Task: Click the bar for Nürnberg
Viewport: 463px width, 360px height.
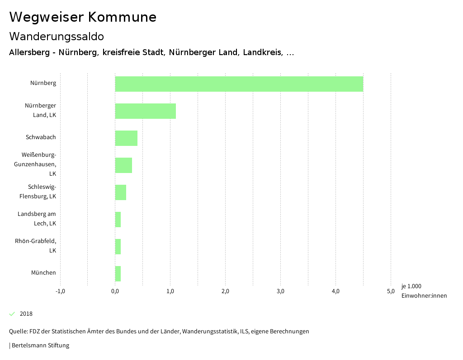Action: click(239, 84)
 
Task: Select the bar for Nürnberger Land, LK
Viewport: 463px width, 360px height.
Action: click(145, 111)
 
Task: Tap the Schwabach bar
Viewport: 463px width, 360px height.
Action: click(126, 138)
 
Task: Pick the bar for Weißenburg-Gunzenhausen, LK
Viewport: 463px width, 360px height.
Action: click(123, 165)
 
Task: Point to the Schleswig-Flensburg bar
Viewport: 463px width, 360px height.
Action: click(121, 192)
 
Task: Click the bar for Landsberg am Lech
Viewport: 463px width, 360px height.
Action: click(118, 220)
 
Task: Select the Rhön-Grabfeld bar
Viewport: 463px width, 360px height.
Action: click(118, 247)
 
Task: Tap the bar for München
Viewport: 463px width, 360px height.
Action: click(118, 274)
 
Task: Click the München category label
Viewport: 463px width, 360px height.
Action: click(43, 273)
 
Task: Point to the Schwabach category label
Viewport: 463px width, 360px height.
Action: click(41, 137)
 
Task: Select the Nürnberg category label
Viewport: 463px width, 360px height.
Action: click(43, 83)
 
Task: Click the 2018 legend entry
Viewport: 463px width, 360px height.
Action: click(26, 314)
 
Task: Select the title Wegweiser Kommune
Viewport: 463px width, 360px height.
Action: click(83, 17)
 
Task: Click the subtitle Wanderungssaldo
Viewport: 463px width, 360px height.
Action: click(57, 36)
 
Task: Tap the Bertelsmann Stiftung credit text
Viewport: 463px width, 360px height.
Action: click(40, 346)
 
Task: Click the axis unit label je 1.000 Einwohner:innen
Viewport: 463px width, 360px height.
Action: click(424, 291)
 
